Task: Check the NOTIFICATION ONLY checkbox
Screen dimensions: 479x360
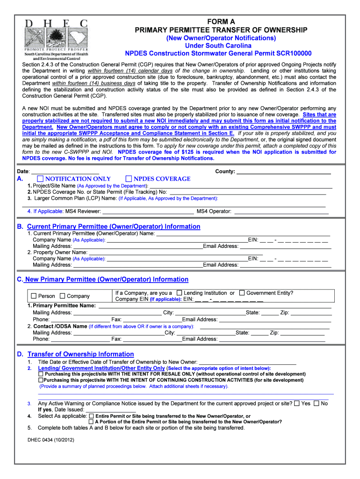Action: tap(40, 179)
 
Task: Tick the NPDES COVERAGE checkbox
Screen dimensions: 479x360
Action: tap(129, 179)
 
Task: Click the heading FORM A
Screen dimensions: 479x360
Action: tap(221, 22)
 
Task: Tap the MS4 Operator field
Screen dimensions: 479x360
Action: tap(281, 212)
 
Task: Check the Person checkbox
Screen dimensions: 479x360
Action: tap(34, 296)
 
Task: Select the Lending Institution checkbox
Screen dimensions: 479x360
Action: tap(179, 293)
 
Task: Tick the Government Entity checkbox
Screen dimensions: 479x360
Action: tap(242, 293)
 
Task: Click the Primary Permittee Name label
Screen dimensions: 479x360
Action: tap(64, 306)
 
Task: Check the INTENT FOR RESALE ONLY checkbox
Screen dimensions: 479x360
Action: tap(41, 374)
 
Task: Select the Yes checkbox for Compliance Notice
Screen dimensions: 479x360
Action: tap(297, 403)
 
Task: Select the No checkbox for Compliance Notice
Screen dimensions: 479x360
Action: tap(317, 403)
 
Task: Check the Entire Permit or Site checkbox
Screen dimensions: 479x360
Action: tap(91, 416)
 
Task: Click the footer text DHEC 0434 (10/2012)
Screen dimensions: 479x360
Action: tap(50, 440)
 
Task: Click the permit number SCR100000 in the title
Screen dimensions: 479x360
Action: tap(289, 53)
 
